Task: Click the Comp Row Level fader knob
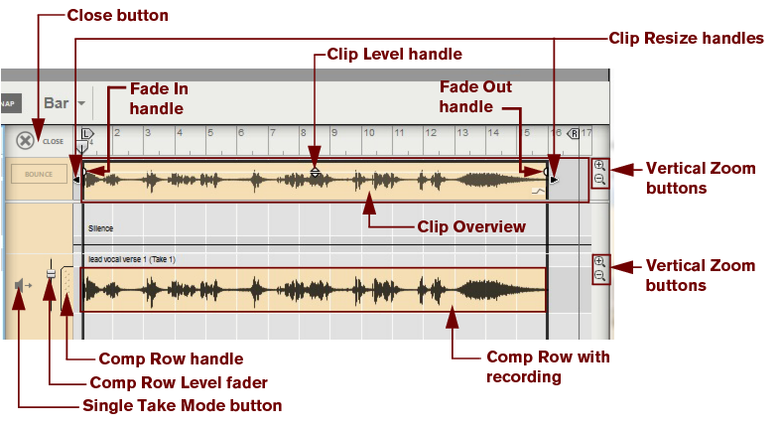click(50, 287)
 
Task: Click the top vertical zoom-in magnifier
click(599, 166)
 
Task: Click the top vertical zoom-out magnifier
click(599, 180)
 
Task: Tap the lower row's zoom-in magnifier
click(599, 261)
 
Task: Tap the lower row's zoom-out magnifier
click(599, 275)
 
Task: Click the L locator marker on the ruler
click(85, 133)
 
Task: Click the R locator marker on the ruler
click(574, 133)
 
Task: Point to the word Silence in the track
click(100, 228)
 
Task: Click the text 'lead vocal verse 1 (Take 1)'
click(131, 259)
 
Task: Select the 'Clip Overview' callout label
click(470, 226)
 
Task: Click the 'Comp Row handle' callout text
click(171, 358)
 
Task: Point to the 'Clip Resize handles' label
click(686, 38)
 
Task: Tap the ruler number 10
click(369, 133)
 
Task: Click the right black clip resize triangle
click(555, 180)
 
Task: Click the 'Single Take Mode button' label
click(182, 405)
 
